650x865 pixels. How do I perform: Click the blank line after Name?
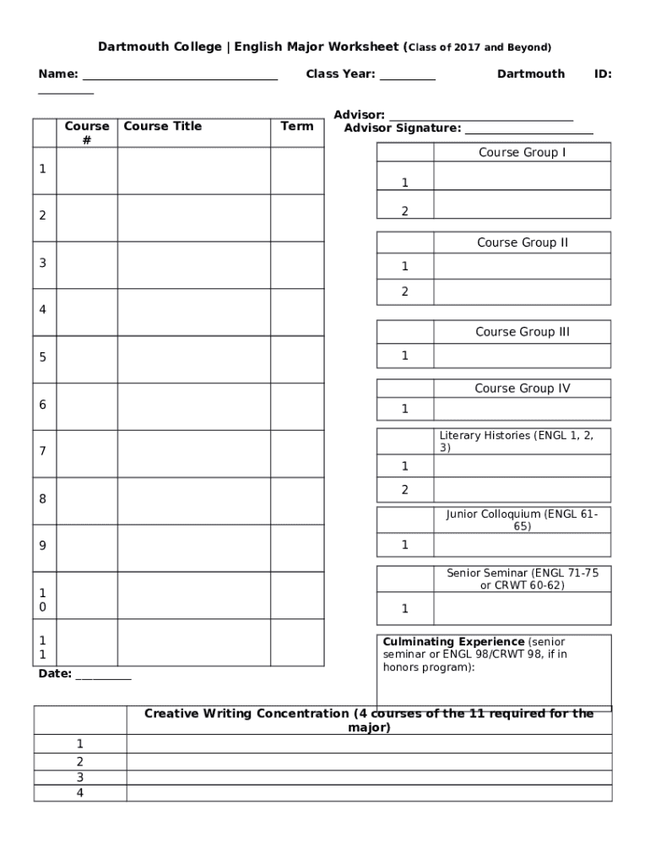pos(180,78)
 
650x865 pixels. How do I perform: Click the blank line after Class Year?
pos(408,78)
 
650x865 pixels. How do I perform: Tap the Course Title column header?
pos(163,126)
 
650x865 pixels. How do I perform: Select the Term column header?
pos(297,126)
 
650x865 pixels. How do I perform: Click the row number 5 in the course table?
pos(42,357)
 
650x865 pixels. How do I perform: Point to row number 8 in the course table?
pos(42,498)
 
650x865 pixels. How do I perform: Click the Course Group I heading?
pos(522,153)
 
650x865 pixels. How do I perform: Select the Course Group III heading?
pos(522,332)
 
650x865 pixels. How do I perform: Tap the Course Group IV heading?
pos(522,389)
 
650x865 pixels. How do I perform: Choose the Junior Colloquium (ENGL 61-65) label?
pos(522,520)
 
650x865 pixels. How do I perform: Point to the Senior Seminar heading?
pos(522,579)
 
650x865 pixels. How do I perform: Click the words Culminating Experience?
pos(453,642)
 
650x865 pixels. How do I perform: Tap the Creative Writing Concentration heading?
pos(369,720)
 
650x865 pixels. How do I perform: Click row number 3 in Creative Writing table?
pos(80,777)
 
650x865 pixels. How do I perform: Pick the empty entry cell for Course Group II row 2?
pos(522,291)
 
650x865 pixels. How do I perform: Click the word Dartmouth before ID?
pos(531,73)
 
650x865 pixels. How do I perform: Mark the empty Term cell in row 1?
pos(297,171)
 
